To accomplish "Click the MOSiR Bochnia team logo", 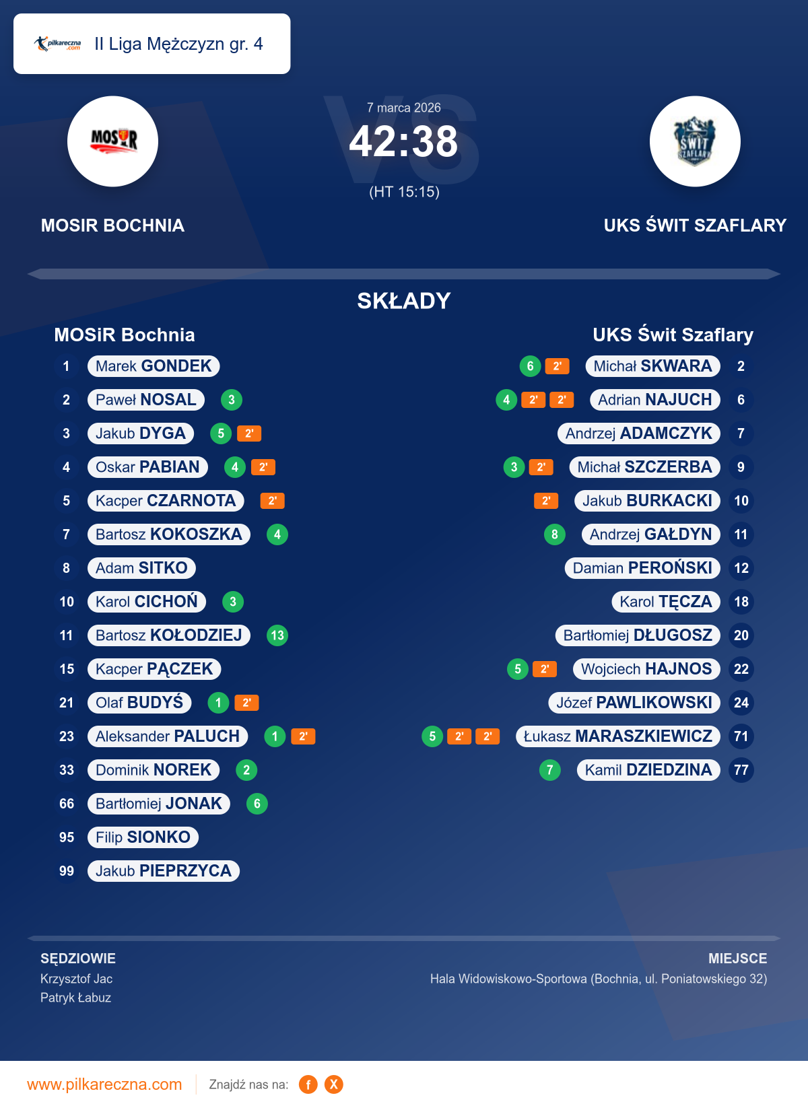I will click(x=112, y=141).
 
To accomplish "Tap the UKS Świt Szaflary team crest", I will click(x=695, y=141).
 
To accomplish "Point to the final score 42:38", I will click(x=403, y=142).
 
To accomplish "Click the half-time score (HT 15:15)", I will click(x=404, y=192).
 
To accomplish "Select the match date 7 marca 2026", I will click(x=404, y=108).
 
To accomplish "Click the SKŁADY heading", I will click(x=404, y=301).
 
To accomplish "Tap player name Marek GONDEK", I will click(x=154, y=366).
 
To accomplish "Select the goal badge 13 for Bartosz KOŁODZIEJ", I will click(x=277, y=635).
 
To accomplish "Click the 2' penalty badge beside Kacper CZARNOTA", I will click(x=272, y=501).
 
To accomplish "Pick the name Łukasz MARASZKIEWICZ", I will click(x=618, y=736).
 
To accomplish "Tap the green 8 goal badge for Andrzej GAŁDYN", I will click(x=554, y=534).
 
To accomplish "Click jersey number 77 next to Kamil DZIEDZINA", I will click(x=741, y=770).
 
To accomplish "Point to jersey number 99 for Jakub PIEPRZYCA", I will click(x=67, y=871).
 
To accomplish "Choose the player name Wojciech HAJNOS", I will click(x=646, y=669).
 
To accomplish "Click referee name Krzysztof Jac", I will click(x=76, y=979).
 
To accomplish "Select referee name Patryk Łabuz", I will click(x=75, y=998).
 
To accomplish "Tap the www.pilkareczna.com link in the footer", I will click(x=104, y=1084).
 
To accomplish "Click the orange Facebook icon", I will click(x=308, y=1084).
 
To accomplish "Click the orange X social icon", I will click(x=334, y=1084).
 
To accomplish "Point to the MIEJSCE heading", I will click(x=737, y=959).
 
